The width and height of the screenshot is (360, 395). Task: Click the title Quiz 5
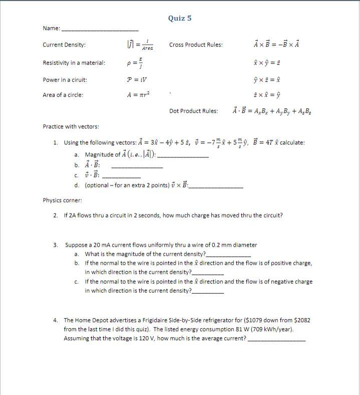tap(180, 19)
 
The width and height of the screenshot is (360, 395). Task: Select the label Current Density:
tap(64, 45)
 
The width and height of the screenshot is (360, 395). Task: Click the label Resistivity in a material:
tap(74, 63)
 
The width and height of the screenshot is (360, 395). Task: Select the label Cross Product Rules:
tap(196, 45)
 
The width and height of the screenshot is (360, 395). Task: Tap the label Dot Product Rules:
tap(193, 111)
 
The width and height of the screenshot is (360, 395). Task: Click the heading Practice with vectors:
tap(71, 127)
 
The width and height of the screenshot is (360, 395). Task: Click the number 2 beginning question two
tap(55, 216)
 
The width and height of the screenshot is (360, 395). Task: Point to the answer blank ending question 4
tap(276, 340)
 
